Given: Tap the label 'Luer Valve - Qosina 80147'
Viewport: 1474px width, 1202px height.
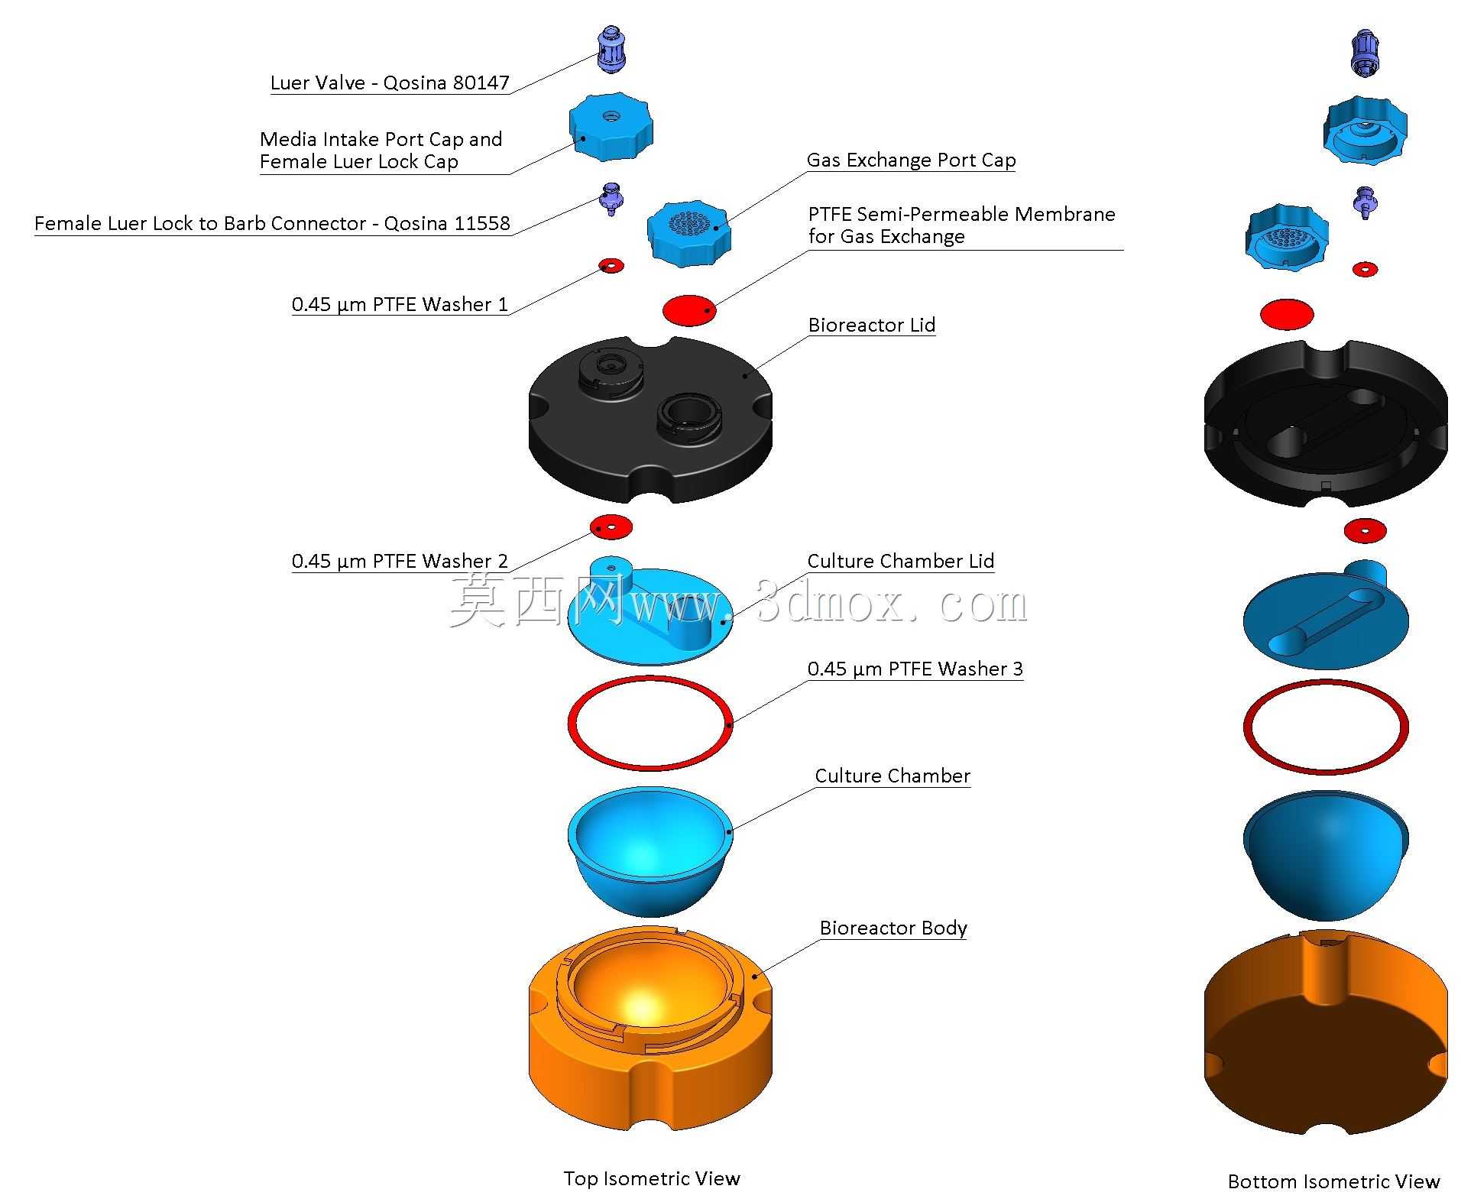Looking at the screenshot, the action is click(390, 83).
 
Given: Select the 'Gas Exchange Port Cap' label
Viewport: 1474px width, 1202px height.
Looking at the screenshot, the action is click(911, 160).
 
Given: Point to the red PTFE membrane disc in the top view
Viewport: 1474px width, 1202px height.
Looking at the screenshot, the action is click(689, 309).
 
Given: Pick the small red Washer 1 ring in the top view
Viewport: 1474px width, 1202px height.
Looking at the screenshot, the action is click(611, 266).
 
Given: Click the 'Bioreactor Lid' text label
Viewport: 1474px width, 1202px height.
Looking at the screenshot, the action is click(872, 325).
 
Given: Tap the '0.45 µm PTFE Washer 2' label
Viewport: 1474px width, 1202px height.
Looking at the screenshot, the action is click(400, 561).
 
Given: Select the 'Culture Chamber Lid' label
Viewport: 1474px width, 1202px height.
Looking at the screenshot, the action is click(901, 561).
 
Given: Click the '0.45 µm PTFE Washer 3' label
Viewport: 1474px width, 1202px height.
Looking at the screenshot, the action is click(915, 669).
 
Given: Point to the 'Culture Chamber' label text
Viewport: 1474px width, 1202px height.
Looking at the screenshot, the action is click(892, 776).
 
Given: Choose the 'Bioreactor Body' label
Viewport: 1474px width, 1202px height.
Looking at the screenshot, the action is click(893, 928).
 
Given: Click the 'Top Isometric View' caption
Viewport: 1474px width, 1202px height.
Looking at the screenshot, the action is click(652, 1178).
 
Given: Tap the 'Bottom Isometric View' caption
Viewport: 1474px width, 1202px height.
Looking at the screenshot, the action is click(1333, 1181).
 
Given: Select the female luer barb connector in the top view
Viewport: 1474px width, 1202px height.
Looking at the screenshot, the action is click(611, 199).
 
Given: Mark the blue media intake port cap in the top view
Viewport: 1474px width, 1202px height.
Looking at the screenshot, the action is click(611, 127).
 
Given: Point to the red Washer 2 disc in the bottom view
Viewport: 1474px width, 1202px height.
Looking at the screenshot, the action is click(1365, 530).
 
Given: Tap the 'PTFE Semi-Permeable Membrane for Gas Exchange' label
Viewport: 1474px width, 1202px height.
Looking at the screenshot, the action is click(961, 225).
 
